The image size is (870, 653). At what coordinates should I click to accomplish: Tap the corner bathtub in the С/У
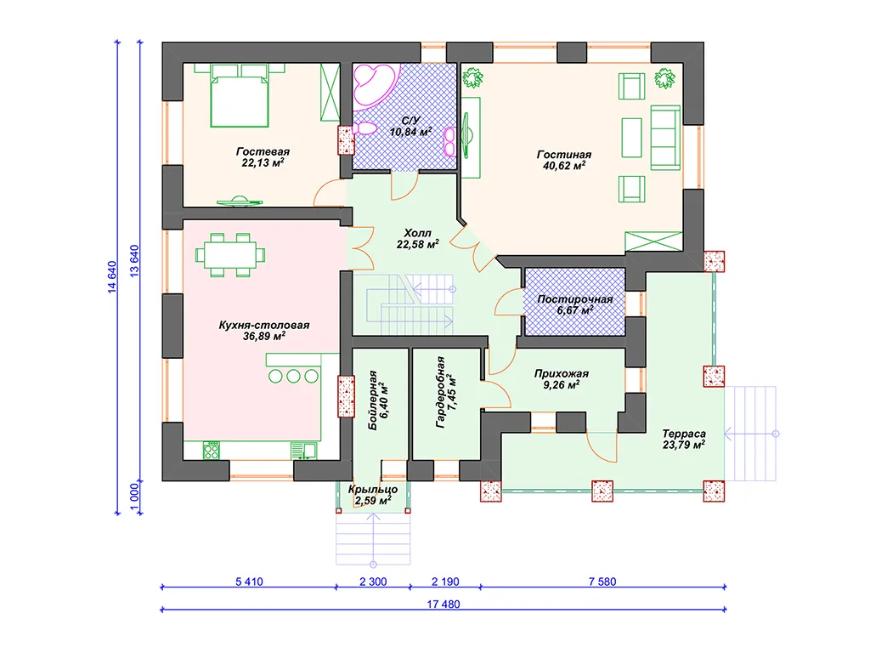pos(376,84)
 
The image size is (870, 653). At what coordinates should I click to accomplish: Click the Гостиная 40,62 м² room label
pos(564,160)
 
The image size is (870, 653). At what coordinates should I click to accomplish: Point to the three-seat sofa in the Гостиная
pos(665,137)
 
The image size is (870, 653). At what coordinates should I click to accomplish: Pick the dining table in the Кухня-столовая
pos(230,255)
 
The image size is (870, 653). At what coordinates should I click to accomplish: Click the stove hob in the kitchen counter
pos(212,451)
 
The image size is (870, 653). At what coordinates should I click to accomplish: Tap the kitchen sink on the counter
pos(304,451)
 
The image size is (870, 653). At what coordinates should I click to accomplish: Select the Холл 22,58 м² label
pos(417,238)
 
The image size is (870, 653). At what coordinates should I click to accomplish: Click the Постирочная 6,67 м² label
pos(575,304)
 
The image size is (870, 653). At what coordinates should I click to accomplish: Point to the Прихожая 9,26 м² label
pos(562,378)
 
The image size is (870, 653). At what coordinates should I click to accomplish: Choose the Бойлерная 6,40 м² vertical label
pos(378,400)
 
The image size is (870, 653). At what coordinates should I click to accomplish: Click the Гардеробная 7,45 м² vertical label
pos(446,392)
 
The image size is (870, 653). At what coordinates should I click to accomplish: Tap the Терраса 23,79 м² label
pos(684,439)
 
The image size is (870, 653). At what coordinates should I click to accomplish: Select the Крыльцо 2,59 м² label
pos(373,495)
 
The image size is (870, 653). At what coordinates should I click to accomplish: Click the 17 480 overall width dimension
pos(443,605)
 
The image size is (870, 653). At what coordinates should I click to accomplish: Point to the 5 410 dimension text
pos(249,582)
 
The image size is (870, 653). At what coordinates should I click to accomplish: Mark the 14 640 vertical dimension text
pos(112,276)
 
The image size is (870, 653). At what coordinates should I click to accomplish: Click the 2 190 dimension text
pos(445,582)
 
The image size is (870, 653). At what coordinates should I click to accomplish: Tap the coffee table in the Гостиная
pos(632,137)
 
